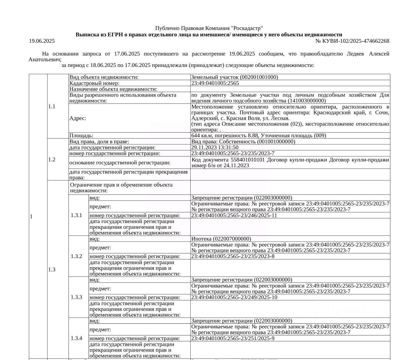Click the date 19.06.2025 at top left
[x=42, y=41]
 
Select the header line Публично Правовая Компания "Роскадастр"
[x=209, y=28]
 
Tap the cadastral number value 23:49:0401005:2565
[x=215, y=83]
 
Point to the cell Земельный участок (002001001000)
[x=234, y=77]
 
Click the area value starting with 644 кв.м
[x=258, y=136]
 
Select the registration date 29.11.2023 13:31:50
[x=215, y=147]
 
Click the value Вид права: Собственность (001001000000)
[x=243, y=142]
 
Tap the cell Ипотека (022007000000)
[x=221, y=239]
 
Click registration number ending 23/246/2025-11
[x=234, y=215]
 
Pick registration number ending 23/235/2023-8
[x=233, y=256]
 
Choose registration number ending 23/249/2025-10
[x=234, y=297]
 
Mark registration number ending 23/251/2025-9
[x=233, y=338]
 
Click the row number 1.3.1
[x=76, y=215]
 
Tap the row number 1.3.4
[x=76, y=338]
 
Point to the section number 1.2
[x=52, y=159]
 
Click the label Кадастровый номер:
[x=94, y=83]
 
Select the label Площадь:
[x=81, y=136]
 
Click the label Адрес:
[x=78, y=118]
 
